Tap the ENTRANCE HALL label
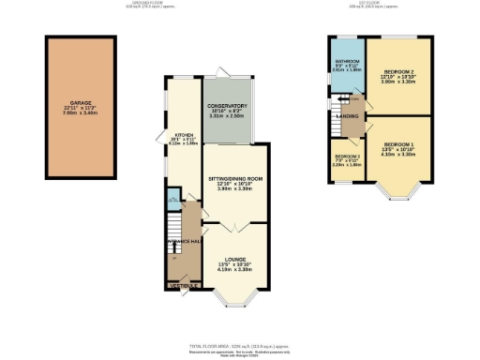[185, 242]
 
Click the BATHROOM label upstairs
[348, 65]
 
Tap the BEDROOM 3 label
[347, 157]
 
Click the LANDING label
[350, 116]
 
